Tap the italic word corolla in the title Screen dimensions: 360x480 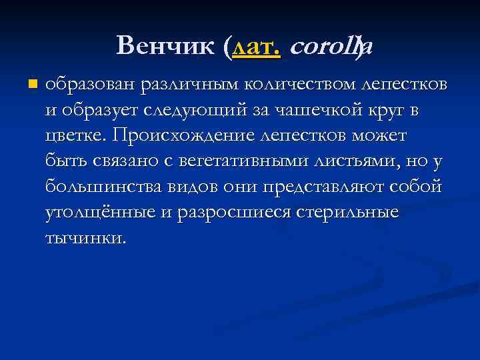click(331, 46)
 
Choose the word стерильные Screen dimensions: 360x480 click(353, 212)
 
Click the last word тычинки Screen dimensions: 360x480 click(85, 237)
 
